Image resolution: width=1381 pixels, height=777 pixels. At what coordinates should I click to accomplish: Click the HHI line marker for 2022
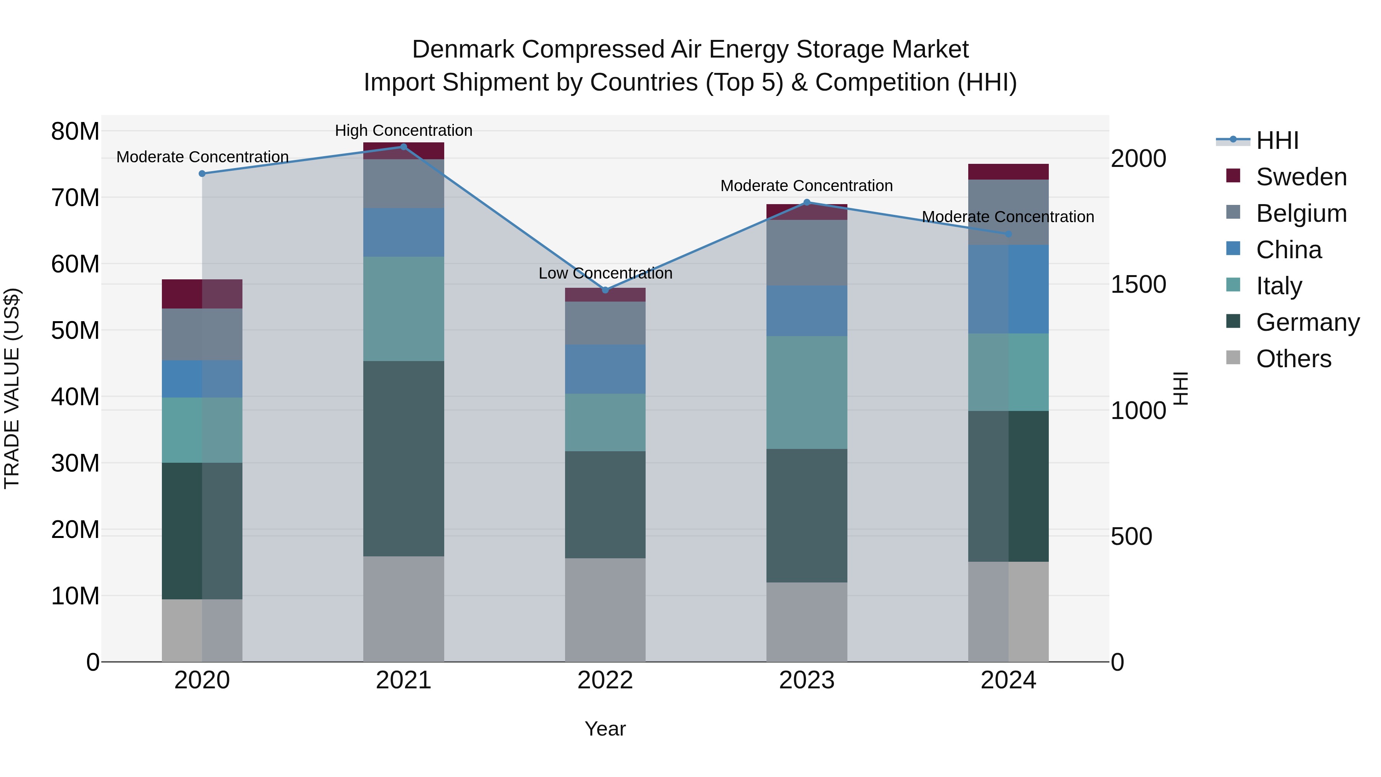[x=605, y=290]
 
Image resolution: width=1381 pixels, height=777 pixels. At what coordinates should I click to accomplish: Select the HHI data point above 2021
[x=404, y=147]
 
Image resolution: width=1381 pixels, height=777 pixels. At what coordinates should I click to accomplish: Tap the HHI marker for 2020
[x=202, y=174]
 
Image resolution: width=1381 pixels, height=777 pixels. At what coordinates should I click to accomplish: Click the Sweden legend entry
[x=1301, y=177]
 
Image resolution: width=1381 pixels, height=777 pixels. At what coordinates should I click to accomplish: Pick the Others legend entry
[x=1293, y=359]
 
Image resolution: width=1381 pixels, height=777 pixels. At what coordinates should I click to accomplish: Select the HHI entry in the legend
[x=1277, y=140]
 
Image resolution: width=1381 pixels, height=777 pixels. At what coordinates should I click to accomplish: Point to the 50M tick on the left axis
[x=75, y=330]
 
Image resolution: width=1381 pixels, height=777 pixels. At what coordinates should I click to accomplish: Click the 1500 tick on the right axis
[x=1138, y=284]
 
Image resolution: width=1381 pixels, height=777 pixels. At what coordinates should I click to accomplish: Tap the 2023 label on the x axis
[x=806, y=680]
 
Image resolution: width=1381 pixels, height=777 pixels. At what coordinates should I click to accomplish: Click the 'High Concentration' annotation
[x=404, y=130]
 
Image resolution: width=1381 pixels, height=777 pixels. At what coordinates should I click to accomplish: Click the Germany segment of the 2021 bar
[x=404, y=459]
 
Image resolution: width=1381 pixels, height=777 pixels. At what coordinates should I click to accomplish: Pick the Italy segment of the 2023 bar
[x=806, y=393]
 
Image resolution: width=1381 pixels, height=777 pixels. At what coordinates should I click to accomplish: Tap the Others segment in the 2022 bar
[x=605, y=610]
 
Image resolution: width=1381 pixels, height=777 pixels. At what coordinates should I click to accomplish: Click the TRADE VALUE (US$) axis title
[x=12, y=388]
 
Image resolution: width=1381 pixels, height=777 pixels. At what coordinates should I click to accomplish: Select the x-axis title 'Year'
[x=605, y=729]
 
